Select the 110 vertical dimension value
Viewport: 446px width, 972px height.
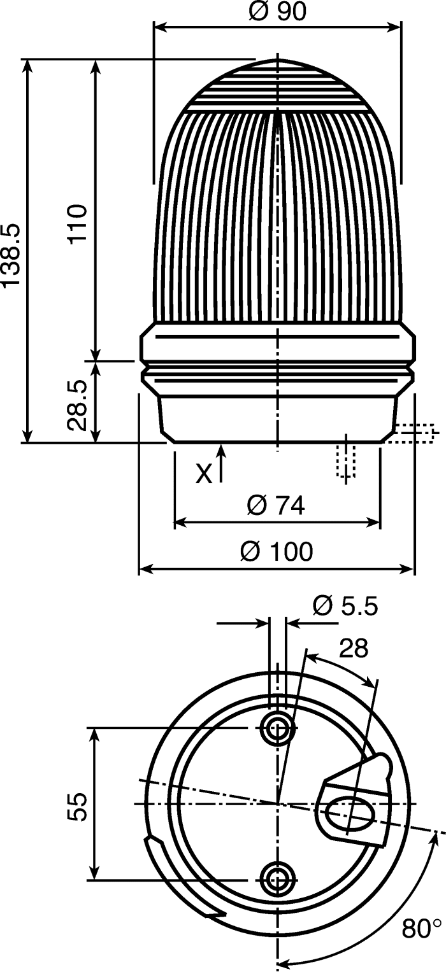pyautogui.click(x=78, y=223)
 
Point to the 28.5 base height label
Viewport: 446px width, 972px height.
pyautogui.click(x=78, y=405)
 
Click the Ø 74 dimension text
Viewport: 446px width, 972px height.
pyautogui.click(x=276, y=505)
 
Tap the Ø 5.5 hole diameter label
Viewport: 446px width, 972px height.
pyautogui.click(x=345, y=606)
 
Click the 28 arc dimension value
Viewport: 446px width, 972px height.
pyautogui.click(x=354, y=648)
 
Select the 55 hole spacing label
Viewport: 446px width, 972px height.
pyautogui.click(x=77, y=806)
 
